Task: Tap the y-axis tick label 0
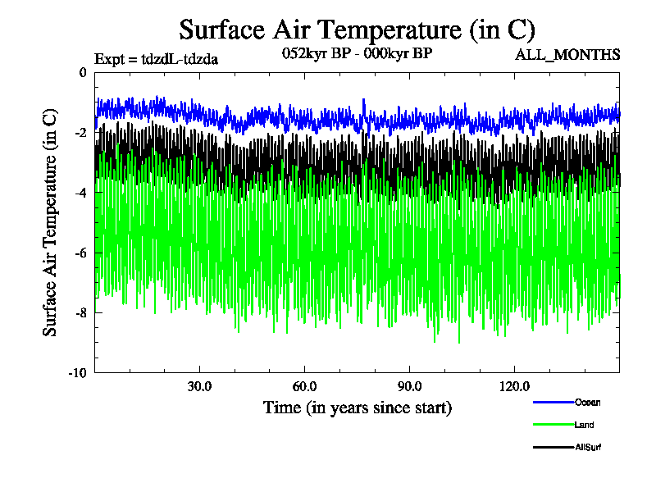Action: [82, 72]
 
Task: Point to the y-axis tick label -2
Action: [80, 132]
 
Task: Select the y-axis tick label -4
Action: [80, 192]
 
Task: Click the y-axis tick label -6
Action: [80, 253]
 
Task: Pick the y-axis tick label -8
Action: [80, 312]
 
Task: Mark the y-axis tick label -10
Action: [77, 372]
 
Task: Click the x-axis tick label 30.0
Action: [199, 386]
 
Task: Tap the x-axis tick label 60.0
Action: [304, 386]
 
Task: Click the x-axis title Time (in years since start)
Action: [357, 407]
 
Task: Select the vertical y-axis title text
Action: [51, 221]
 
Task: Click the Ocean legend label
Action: [587, 402]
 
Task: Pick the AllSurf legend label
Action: [589, 448]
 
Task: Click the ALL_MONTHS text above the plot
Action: [567, 56]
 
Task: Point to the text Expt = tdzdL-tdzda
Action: [157, 58]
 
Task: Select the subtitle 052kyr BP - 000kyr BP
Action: [357, 53]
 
